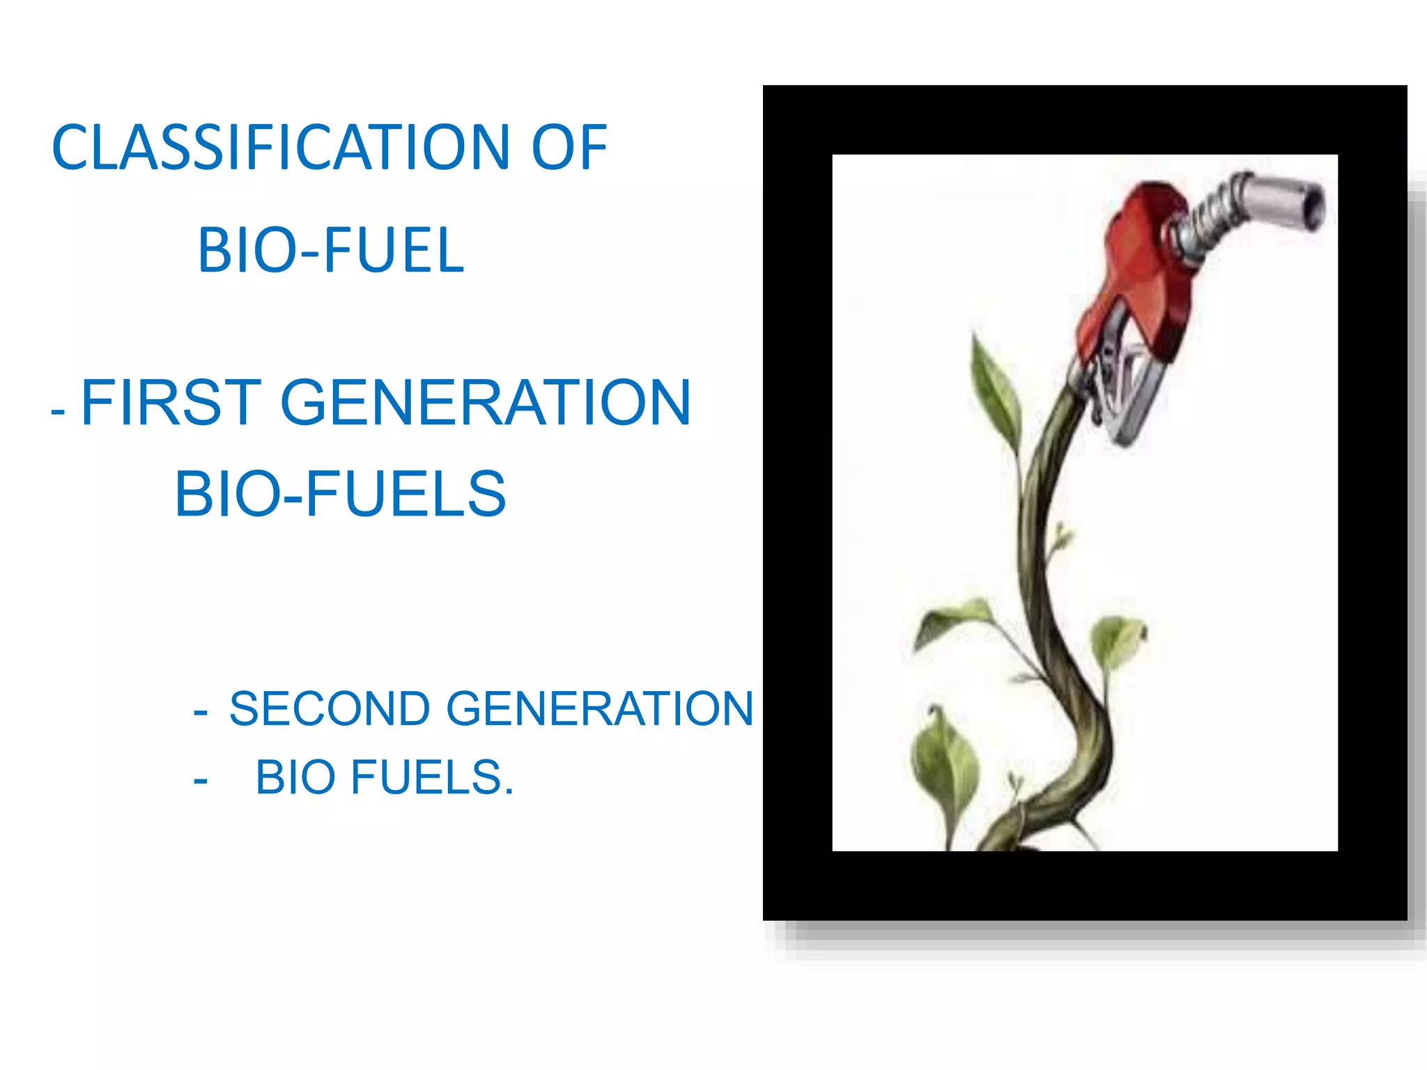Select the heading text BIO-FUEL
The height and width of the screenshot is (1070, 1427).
(330, 251)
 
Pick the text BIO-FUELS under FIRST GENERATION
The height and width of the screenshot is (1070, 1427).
(340, 494)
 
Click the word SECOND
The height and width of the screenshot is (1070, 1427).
(330, 709)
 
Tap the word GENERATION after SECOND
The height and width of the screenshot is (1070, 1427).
(599, 709)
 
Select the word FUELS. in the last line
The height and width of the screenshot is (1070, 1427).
(432, 777)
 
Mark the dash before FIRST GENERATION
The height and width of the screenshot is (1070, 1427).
(58, 411)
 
